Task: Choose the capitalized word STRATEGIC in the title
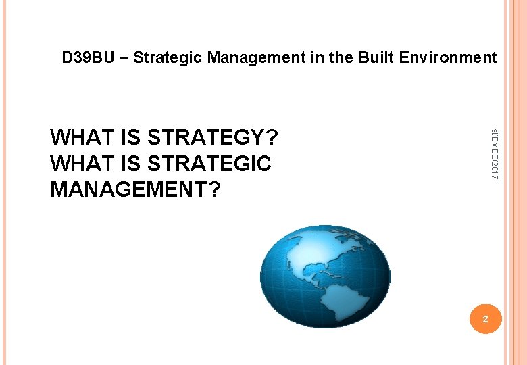[209, 164]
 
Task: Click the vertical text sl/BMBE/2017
[494, 153]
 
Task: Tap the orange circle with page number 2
[484, 317]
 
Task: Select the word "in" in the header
[317, 58]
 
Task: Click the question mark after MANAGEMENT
[214, 190]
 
